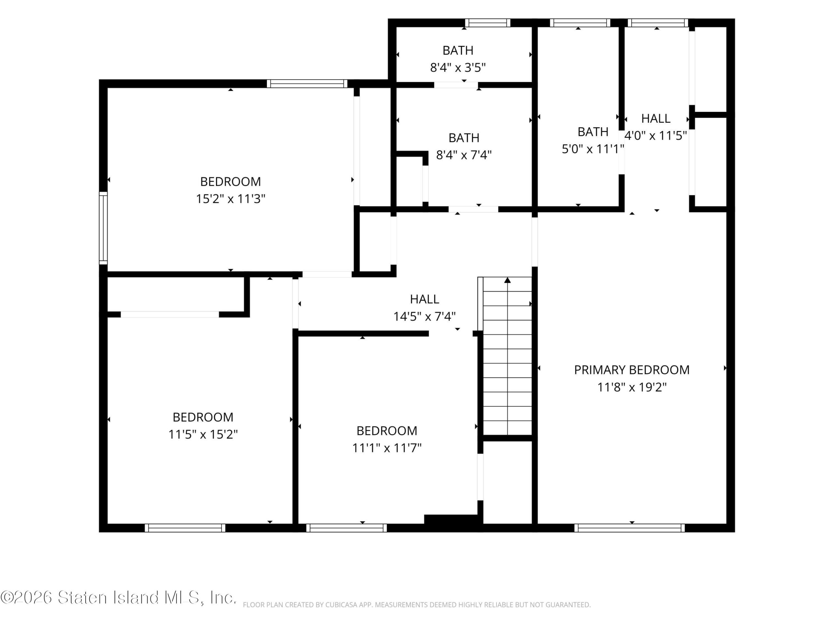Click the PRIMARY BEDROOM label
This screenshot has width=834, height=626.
(x=632, y=370)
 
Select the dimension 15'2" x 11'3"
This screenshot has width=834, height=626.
(x=230, y=199)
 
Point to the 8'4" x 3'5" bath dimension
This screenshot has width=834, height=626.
(x=458, y=67)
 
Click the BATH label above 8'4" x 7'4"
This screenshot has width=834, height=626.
(x=464, y=138)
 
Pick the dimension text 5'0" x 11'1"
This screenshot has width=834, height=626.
(x=593, y=149)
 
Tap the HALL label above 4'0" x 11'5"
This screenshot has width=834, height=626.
(x=656, y=118)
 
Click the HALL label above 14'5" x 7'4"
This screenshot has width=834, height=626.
(x=424, y=299)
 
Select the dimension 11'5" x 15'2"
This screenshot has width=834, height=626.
(x=203, y=434)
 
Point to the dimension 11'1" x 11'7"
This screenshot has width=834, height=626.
(x=387, y=448)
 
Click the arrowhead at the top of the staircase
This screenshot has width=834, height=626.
(x=508, y=280)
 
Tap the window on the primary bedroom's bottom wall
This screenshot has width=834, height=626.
(x=630, y=528)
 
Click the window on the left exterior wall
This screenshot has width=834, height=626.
(x=103, y=228)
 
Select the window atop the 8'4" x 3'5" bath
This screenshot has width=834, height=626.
(x=487, y=22)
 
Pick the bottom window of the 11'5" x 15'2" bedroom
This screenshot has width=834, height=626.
(x=185, y=528)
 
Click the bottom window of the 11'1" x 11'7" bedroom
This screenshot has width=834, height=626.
(x=347, y=528)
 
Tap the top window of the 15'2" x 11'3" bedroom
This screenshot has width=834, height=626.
(x=307, y=83)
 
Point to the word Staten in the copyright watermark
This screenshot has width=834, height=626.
(x=82, y=597)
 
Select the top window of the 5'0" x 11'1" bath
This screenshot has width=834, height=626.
(x=580, y=22)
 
